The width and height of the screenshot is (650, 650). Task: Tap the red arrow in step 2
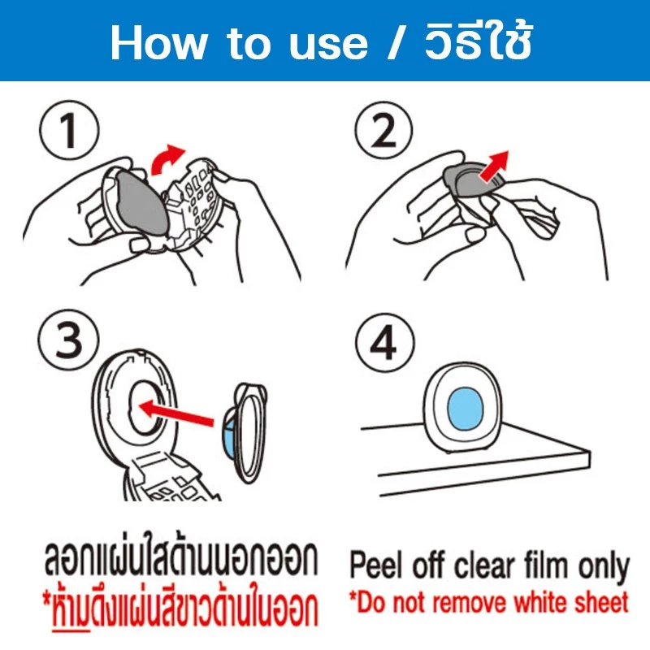tap(492, 166)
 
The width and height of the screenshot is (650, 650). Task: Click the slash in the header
tap(396, 42)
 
